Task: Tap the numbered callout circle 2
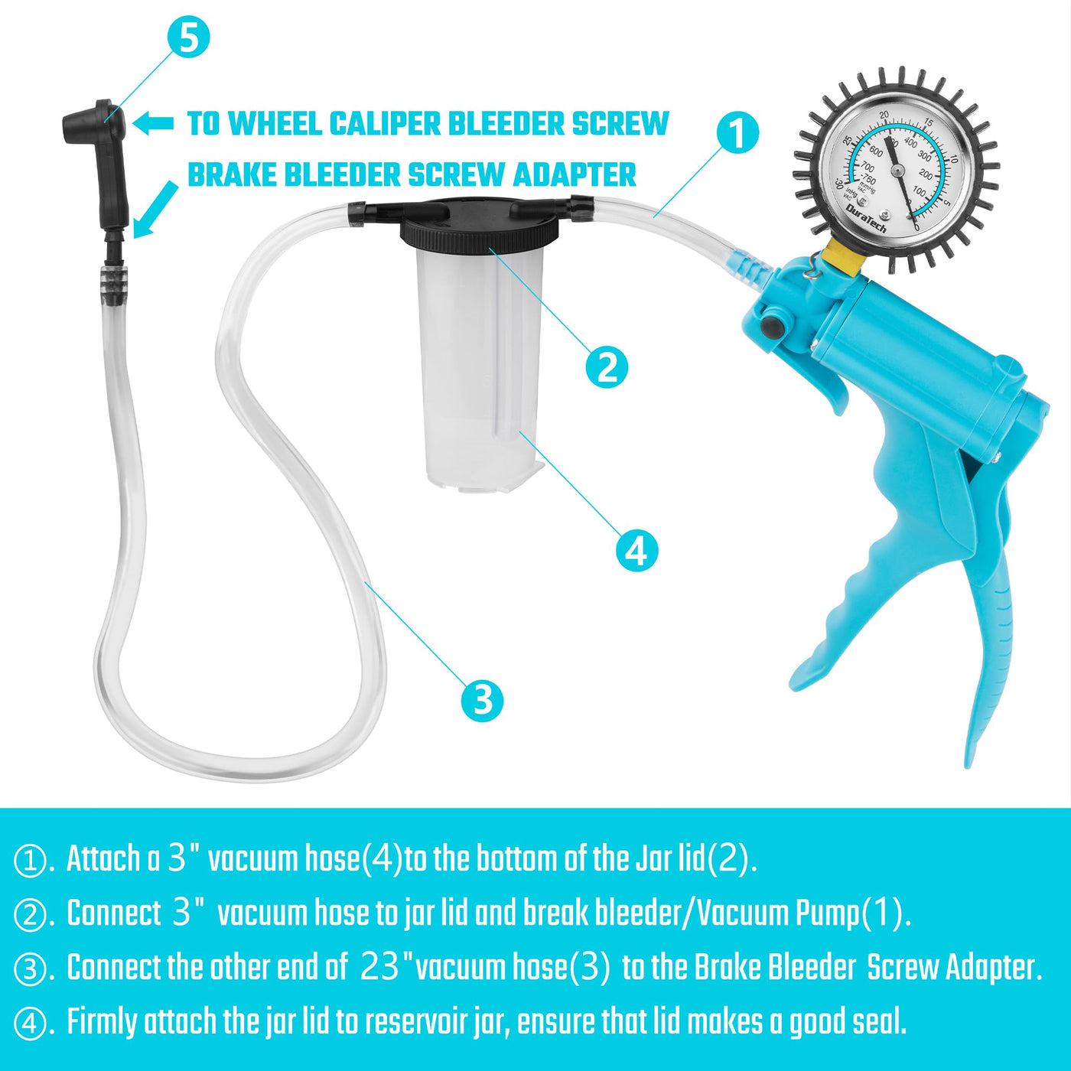pyautogui.click(x=607, y=367)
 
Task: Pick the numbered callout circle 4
pyautogui.click(x=637, y=550)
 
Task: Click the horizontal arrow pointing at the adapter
pyautogui.click(x=154, y=123)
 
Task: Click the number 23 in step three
pyautogui.click(x=379, y=966)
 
